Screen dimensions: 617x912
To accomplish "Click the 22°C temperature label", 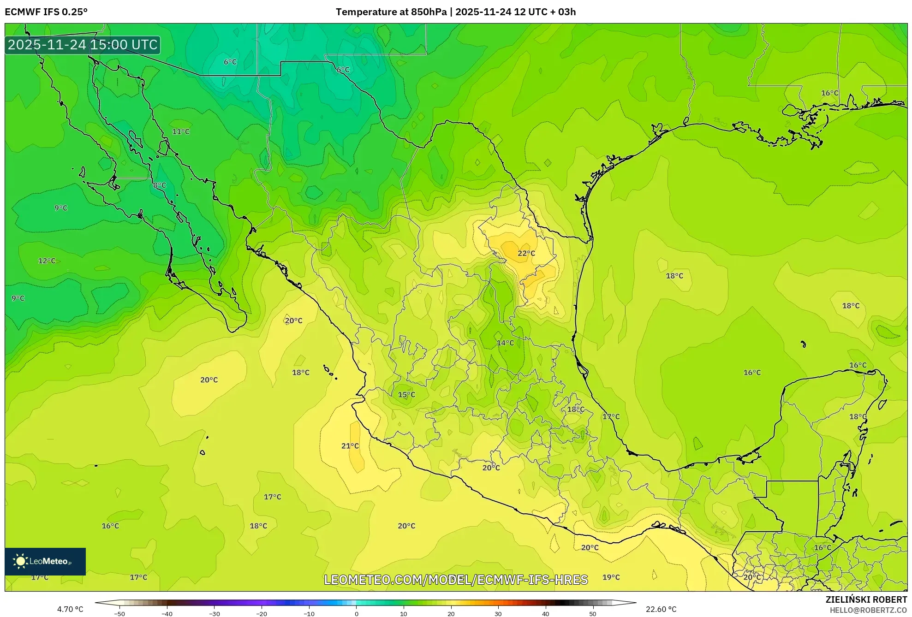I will click(526, 253).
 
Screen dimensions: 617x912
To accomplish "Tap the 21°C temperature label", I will click(350, 446).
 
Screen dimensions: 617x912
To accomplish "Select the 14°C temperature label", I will click(505, 343).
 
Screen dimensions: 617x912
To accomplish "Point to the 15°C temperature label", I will click(406, 395).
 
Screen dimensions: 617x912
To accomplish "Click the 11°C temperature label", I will click(181, 132).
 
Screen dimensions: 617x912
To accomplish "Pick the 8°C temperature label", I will click(160, 185).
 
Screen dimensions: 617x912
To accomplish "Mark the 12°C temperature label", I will click(47, 261).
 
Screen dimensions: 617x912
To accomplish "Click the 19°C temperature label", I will click(611, 577).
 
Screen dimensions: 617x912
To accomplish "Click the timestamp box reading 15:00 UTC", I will click(83, 45).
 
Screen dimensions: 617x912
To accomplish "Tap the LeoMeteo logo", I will click(45, 561).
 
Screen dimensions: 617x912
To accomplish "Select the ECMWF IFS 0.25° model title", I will click(46, 12).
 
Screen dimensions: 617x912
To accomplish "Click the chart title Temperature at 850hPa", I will click(455, 12).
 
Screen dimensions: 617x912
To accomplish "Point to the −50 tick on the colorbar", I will click(119, 614).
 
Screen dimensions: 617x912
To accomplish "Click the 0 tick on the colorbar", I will click(357, 614).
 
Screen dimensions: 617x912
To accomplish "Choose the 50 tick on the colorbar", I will click(593, 614).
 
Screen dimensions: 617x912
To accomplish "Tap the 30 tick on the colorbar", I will click(498, 614).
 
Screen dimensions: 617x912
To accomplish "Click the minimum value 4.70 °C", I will click(70, 610).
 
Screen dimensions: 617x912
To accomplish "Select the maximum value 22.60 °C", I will click(661, 610).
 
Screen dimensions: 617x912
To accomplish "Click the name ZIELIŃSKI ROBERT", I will click(866, 599).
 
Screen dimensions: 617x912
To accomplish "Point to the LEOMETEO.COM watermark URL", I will click(456, 580).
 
